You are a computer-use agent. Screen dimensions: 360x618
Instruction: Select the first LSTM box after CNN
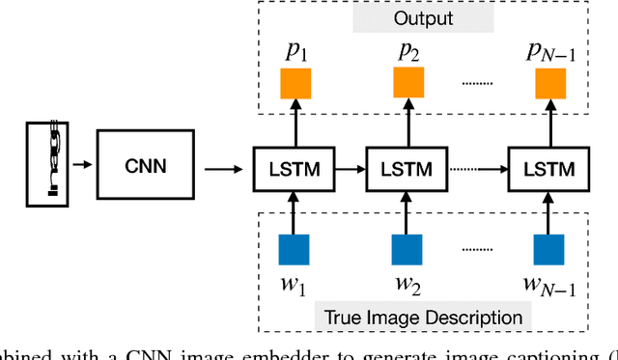[x=291, y=169]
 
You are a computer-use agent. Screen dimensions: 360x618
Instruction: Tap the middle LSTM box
[x=407, y=169]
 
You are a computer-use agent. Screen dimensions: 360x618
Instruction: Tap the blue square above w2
[x=407, y=250]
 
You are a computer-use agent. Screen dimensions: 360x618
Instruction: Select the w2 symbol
[x=407, y=286]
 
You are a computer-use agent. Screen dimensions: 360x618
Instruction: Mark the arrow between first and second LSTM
[x=350, y=169]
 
